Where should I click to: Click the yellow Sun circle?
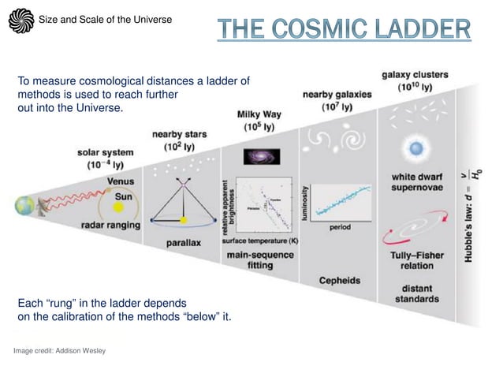(119, 207)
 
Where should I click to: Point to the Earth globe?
(24, 206)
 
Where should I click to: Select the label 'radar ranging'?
(110, 226)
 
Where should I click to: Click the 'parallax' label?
(183, 242)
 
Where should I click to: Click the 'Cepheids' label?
(340, 280)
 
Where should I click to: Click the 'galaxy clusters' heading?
(415, 80)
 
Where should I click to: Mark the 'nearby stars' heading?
(180, 140)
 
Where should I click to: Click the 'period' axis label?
(341, 227)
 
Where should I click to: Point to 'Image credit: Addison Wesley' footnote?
(59, 350)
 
